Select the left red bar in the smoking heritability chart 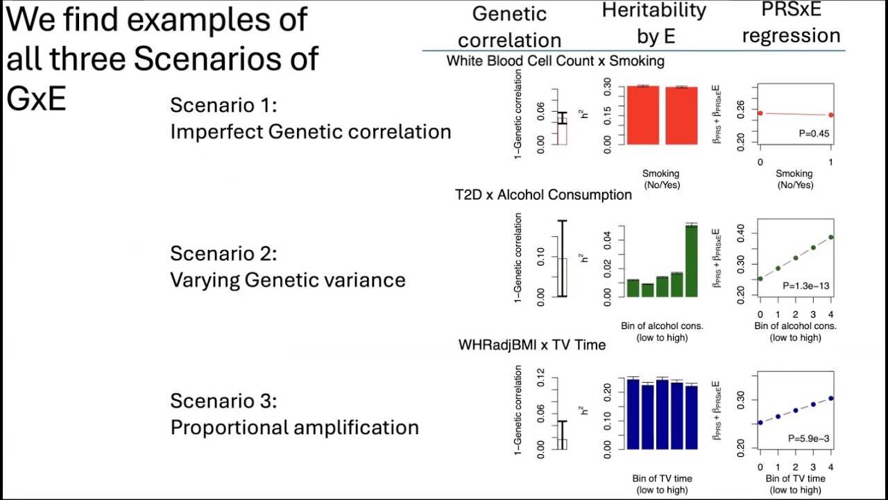coord(642,115)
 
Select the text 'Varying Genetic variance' coord(287,280)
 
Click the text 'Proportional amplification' coord(294,427)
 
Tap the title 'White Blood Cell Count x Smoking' coord(555,61)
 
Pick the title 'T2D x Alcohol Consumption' coord(543,194)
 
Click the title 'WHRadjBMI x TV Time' coord(531,344)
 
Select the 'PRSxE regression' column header coord(791,24)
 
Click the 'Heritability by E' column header coord(654,24)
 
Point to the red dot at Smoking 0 coord(760,113)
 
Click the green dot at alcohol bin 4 coord(830,237)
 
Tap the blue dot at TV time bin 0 coord(760,422)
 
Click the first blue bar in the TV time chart coord(633,414)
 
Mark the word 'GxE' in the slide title coord(36,99)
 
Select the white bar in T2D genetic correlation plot coord(562,277)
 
